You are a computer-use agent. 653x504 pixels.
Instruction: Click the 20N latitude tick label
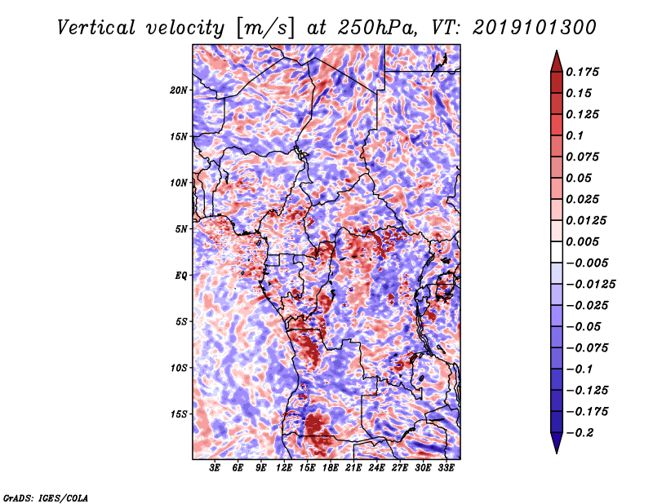pyautogui.click(x=179, y=91)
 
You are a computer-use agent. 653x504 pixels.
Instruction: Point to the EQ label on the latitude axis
pyautogui.click(x=181, y=276)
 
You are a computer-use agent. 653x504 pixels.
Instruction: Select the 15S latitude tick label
pyautogui.click(x=179, y=414)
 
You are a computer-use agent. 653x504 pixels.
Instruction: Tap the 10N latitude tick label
pyautogui.click(x=179, y=183)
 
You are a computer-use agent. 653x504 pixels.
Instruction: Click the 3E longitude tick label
pyautogui.click(x=215, y=468)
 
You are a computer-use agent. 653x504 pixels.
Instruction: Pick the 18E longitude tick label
pyautogui.click(x=331, y=468)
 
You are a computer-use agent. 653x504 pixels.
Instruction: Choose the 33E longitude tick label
pyautogui.click(x=446, y=468)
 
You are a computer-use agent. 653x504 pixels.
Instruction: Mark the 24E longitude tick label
pyautogui.click(x=376, y=468)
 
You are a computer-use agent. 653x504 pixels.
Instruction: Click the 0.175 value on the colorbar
pyautogui.click(x=582, y=72)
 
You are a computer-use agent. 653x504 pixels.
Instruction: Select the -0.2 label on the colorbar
pyautogui.click(x=580, y=433)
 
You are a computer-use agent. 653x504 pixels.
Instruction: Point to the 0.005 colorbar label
pyautogui.click(x=582, y=241)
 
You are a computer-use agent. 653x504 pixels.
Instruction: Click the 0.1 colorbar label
pyautogui.click(x=575, y=135)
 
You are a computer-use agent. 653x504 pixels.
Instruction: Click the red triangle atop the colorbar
pyautogui.click(x=557, y=62)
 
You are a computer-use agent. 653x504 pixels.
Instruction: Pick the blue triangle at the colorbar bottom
pyautogui.click(x=557, y=443)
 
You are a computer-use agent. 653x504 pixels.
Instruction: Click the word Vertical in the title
pyautogui.click(x=96, y=28)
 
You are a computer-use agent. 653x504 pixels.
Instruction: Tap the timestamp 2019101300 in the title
pyautogui.click(x=535, y=28)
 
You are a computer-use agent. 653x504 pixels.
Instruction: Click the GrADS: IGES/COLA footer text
pyautogui.click(x=46, y=497)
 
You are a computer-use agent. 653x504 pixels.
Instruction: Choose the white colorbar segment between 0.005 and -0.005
pyautogui.click(x=557, y=252)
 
